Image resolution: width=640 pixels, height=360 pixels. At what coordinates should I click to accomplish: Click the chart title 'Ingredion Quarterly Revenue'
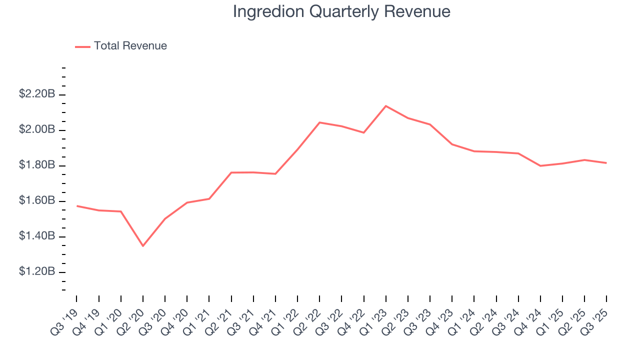[x=341, y=11]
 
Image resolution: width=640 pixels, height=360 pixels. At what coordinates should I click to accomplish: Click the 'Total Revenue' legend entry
[x=130, y=46]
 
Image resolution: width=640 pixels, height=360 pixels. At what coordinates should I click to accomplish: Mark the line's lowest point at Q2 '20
[x=143, y=245]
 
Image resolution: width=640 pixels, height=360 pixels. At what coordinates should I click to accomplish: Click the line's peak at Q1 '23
[x=386, y=106]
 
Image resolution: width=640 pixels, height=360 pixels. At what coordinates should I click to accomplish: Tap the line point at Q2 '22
[x=319, y=122]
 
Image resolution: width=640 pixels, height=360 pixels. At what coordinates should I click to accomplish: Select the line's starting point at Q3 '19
[x=77, y=206]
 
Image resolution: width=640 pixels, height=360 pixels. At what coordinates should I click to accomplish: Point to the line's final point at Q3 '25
[x=606, y=163]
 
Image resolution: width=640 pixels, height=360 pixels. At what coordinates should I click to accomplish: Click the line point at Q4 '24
[x=540, y=165]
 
